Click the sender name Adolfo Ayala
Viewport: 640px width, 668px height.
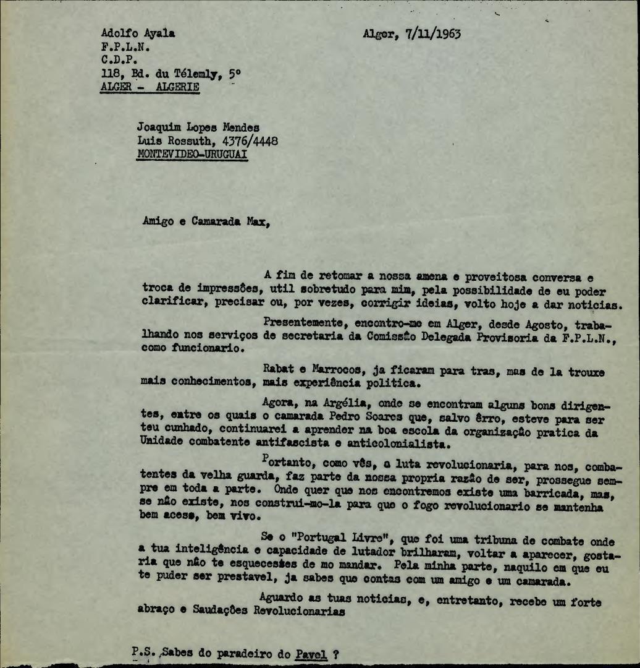tap(137, 33)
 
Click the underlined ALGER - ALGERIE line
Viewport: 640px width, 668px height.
tap(149, 87)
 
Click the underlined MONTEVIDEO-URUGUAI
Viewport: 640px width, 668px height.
tap(192, 155)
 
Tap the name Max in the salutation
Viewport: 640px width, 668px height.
tap(258, 223)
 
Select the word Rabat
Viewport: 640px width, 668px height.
tap(278, 371)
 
